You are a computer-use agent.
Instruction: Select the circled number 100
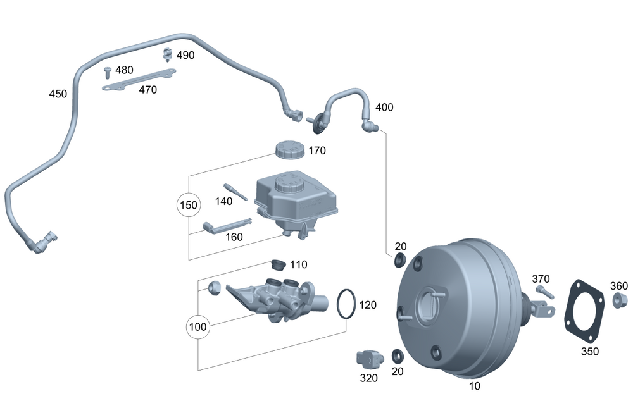click(198, 328)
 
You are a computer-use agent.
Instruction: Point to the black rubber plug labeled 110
click(277, 263)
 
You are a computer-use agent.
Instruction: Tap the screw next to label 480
click(108, 71)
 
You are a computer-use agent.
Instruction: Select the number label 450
click(58, 94)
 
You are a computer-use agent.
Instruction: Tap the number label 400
click(384, 108)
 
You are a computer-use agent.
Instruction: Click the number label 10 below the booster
click(475, 386)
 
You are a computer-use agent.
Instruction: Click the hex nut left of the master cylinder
click(214, 287)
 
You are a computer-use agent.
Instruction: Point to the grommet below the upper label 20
click(399, 260)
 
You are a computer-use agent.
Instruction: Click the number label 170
click(316, 151)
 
